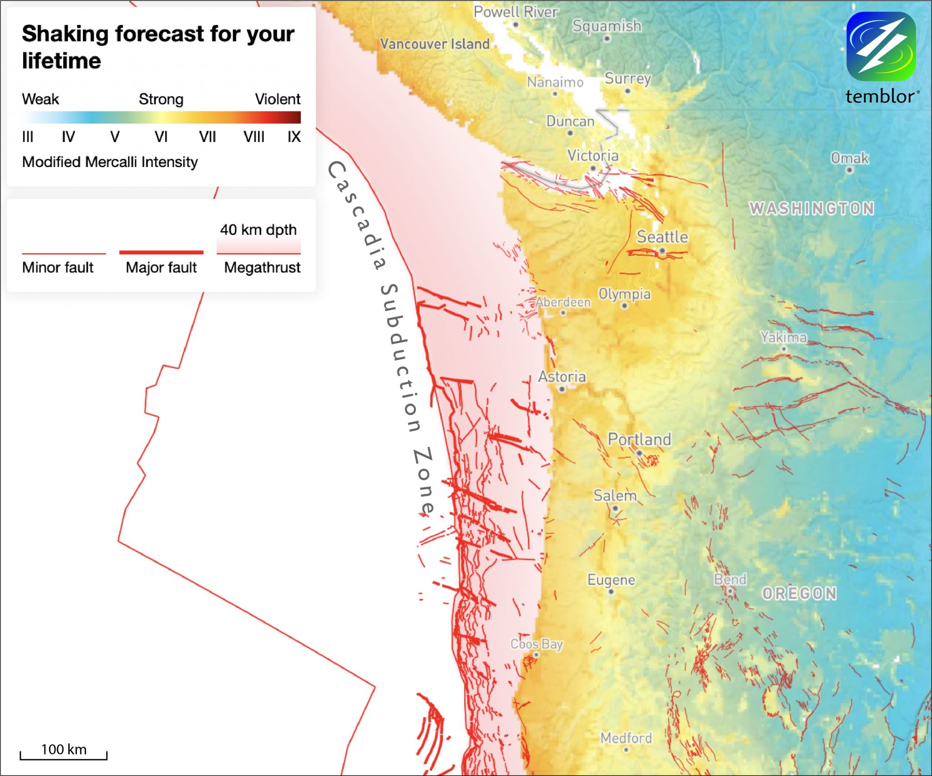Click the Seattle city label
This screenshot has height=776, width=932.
(662, 237)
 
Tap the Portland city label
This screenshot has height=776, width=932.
(639, 439)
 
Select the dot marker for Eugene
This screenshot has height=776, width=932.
(611, 592)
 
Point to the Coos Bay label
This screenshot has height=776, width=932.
(537, 644)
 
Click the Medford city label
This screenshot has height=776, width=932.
(626, 738)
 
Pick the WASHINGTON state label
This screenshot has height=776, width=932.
(812, 208)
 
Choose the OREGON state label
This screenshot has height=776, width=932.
(800, 593)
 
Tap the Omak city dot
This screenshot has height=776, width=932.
(849, 170)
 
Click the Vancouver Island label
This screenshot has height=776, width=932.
(435, 44)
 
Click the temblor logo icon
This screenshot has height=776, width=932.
(881, 46)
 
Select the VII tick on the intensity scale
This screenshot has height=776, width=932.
(207, 137)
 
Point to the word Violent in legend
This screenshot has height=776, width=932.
(278, 99)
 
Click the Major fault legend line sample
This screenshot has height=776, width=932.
(161, 252)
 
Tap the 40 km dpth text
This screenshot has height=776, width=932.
(258, 230)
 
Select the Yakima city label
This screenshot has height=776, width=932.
(783, 337)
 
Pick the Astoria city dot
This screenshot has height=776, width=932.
(562, 389)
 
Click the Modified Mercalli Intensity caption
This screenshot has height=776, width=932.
(110, 162)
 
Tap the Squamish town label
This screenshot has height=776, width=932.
(607, 26)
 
